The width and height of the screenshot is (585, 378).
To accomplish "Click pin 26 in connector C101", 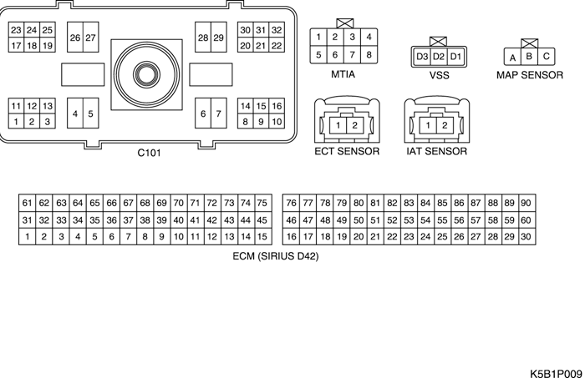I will (x=75, y=38).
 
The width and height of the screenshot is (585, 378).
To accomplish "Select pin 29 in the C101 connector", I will (x=219, y=38).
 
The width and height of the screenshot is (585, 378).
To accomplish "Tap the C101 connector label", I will (x=150, y=153).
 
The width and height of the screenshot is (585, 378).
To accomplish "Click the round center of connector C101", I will (x=147, y=73).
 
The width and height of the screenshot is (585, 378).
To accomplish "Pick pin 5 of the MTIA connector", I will (x=318, y=55).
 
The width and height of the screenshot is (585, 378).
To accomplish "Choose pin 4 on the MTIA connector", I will (x=369, y=37).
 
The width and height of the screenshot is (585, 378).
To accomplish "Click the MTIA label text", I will (x=343, y=73).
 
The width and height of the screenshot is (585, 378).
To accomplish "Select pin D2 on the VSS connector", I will (x=439, y=56).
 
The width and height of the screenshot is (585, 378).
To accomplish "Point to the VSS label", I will (x=439, y=73).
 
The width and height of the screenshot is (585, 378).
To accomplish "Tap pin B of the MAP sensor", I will (x=529, y=57).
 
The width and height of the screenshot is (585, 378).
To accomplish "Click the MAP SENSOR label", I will (x=529, y=73).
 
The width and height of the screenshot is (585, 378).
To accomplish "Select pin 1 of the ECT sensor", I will (x=337, y=125).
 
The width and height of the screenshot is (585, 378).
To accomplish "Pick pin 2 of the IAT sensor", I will (x=445, y=125).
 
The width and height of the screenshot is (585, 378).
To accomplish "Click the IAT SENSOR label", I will (x=437, y=152).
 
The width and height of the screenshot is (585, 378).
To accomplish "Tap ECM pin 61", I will (x=28, y=203).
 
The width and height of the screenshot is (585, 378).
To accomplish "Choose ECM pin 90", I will (x=526, y=203).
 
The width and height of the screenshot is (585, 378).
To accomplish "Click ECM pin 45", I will (x=262, y=220).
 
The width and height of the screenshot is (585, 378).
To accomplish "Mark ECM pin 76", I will (x=291, y=203).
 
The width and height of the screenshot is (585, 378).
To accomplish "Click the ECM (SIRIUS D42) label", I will (x=276, y=256).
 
